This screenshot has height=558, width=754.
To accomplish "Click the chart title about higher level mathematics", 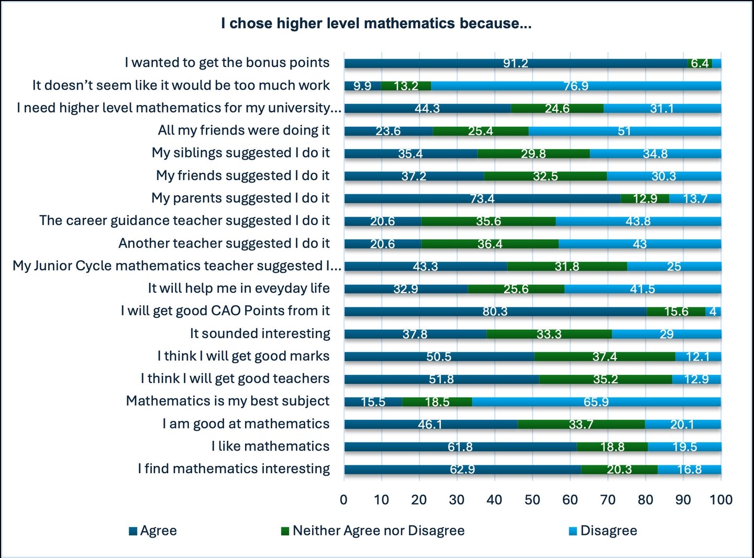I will click(x=376, y=24).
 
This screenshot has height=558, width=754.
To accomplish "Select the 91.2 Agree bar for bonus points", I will click(x=515, y=63).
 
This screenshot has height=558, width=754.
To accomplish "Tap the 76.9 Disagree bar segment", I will click(x=575, y=86).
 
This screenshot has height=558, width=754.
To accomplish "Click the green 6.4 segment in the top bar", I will click(x=700, y=63).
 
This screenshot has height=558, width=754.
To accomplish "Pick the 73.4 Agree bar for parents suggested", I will click(x=482, y=198).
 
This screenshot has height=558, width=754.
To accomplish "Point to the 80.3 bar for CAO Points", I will click(x=495, y=311).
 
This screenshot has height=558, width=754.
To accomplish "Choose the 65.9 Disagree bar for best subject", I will click(x=596, y=402).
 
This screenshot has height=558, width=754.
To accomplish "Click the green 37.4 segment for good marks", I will click(x=604, y=356).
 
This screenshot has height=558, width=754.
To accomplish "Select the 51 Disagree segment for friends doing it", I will click(x=624, y=131).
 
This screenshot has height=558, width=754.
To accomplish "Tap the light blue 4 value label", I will click(x=713, y=311).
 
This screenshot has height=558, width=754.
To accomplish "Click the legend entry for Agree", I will click(x=153, y=531).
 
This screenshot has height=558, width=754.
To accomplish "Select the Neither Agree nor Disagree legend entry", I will click(x=373, y=531).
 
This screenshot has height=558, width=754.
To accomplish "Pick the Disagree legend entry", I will click(x=603, y=531).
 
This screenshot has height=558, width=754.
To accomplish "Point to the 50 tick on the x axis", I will click(x=532, y=500).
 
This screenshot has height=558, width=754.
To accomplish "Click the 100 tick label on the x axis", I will click(x=720, y=500).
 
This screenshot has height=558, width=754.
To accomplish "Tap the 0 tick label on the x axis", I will click(x=343, y=500).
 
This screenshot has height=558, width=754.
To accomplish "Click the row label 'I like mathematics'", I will click(x=270, y=447).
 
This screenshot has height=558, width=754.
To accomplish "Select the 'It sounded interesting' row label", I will click(x=260, y=333).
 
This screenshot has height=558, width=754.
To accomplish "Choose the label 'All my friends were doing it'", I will click(x=243, y=130).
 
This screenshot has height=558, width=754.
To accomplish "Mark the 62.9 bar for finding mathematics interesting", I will click(x=462, y=470).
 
